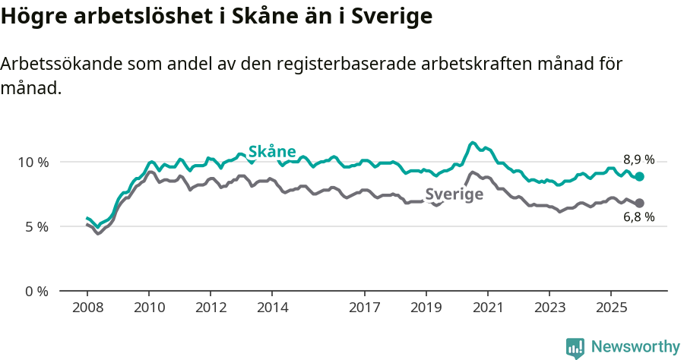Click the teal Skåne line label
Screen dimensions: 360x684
(x=272, y=151)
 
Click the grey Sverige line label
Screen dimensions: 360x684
(x=454, y=194)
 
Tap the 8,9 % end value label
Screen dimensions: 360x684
(x=638, y=159)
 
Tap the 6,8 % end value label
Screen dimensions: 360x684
(x=638, y=217)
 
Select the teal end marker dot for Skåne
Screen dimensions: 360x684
(x=640, y=176)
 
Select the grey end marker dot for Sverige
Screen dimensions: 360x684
(x=640, y=203)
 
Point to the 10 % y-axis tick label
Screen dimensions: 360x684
(x=33, y=162)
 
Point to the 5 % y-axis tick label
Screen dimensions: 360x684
(x=36, y=226)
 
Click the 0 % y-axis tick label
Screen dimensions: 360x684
(x=36, y=291)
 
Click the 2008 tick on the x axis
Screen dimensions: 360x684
(x=87, y=308)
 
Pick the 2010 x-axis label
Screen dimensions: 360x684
(x=149, y=308)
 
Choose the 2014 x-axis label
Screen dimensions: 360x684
(x=272, y=308)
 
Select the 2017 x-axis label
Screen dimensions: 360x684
(x=365, y=308)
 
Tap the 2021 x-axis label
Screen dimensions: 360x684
(x=487, y=308)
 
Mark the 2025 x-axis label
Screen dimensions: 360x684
(x=610, y=308)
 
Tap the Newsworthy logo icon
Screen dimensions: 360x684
(x=575, y=348)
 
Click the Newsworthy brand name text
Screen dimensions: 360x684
(x=635, y=347)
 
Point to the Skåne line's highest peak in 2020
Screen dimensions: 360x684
(x=473, y=143)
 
